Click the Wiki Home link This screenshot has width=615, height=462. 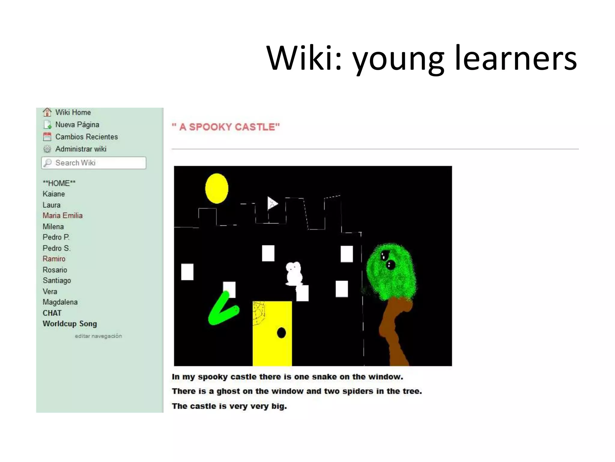tap(73, 112)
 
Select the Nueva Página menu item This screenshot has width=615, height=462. tap(77, 125)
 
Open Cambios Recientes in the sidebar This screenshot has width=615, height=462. tap(86, 137)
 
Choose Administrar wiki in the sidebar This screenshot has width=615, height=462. tap(80, 149)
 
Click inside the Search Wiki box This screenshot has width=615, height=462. tap(96, 163)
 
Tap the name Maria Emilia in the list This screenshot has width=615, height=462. tap(62, 216)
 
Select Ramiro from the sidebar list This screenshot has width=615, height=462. tap(54, 259)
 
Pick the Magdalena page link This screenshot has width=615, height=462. tap(60, 302)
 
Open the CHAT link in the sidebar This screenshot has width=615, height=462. tap(52, 313)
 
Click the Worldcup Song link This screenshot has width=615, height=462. tap(70, 324)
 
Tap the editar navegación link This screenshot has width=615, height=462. tap(98, 336)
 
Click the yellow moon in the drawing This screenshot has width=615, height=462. tap(217, 189)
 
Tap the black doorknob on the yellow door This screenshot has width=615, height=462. tap(281, 333)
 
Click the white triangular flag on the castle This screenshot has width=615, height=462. tap(272, 204)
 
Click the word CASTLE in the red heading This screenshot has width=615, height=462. tap(257, 127)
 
